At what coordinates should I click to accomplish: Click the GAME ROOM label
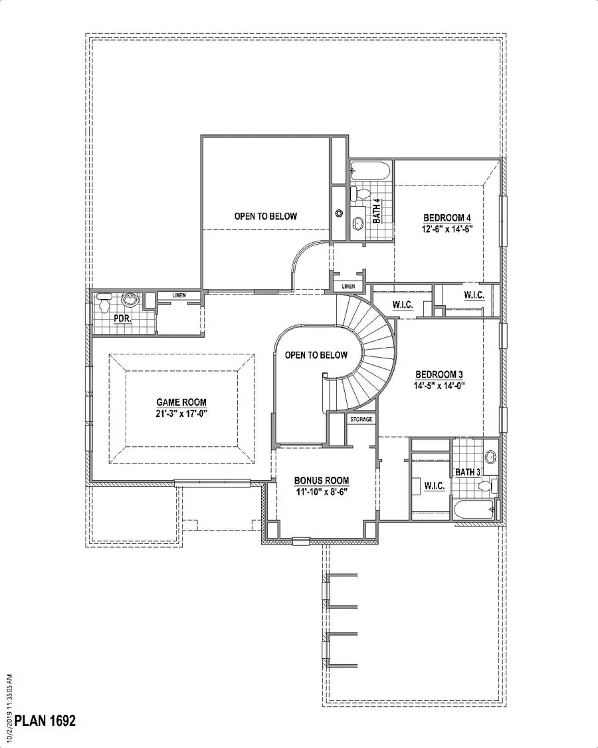181,402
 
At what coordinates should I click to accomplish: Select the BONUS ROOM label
322,481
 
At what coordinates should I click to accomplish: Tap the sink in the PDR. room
130,301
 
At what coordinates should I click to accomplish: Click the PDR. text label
122,318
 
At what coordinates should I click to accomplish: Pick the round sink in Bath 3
490,457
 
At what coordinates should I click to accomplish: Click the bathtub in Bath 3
473,510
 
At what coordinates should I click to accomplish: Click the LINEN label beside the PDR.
178,295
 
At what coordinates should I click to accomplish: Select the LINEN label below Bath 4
349,287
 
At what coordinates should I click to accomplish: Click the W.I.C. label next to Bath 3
434,487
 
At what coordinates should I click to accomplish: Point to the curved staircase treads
376,362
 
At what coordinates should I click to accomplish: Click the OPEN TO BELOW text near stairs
316,355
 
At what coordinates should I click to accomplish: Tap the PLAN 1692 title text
45,720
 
